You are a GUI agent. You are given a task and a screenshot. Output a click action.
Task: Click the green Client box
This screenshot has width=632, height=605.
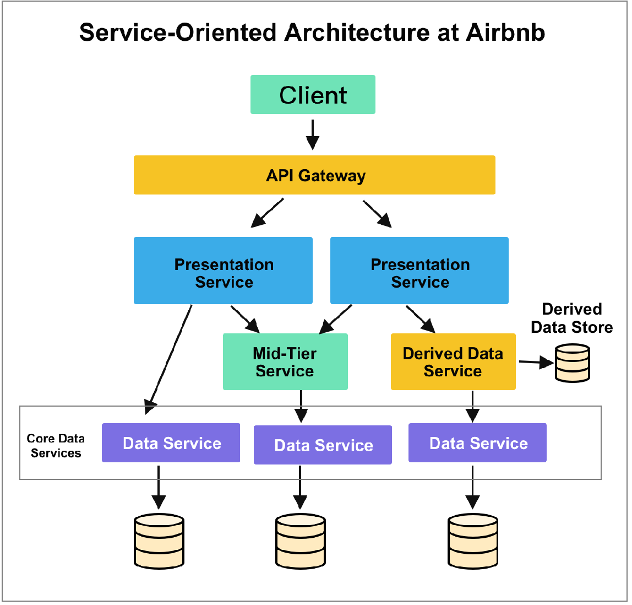(313, 95)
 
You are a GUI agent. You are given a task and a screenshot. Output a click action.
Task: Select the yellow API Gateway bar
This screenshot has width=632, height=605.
(314, 175)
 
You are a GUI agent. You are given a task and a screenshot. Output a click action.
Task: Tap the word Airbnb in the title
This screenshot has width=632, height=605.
(505, 33)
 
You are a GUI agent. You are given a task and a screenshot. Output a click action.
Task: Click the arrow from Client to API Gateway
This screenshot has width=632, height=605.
(313, 134)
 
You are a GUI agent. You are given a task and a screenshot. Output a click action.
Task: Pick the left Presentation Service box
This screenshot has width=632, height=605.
(223, 271)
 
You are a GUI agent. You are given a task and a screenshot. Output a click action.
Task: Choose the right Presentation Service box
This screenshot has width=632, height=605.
(419, 271)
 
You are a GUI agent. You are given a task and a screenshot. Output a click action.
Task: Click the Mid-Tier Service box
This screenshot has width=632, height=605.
(285, 362)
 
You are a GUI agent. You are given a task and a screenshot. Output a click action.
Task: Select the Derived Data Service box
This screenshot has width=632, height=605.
(453, 362)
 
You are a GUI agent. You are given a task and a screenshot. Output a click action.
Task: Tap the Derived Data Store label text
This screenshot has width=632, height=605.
(571, 318)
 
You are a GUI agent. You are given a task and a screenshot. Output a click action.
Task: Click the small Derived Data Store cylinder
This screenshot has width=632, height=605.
(573, 363)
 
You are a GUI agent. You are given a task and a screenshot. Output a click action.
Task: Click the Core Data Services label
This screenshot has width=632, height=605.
(56, 446)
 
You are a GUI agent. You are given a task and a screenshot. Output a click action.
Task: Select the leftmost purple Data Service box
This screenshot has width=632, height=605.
(171, 443)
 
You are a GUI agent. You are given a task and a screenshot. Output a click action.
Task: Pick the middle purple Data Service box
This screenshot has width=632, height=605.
(323, 445)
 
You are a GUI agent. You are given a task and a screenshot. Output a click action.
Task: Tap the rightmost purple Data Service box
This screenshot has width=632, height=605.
(477, 443)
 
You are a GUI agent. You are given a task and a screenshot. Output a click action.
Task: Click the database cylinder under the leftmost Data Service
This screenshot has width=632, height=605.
(159, 542)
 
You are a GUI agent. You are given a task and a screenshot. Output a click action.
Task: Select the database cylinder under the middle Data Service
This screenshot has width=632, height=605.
(300, 542)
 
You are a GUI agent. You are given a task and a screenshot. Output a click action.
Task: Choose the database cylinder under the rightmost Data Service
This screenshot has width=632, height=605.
(473, 542)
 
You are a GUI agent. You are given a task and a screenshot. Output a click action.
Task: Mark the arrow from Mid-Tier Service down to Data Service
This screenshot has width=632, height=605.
(301, 406)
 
